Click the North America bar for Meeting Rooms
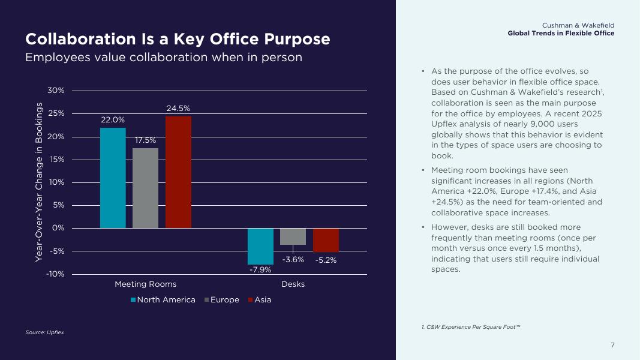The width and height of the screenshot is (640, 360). coord(113,178)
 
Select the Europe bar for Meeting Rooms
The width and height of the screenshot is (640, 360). coord(145,188)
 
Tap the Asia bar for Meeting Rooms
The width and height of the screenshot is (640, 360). coord(178,172)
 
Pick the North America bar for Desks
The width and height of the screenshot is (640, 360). coord(260,246)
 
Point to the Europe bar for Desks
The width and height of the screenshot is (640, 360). coord(293,236)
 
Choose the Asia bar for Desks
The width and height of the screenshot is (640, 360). coord(326,240)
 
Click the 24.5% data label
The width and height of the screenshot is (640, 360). coord(178,109)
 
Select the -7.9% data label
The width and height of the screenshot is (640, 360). coord(260,269)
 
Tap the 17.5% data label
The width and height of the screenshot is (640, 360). coord(145,140)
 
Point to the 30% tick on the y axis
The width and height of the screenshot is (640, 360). coord(56,91)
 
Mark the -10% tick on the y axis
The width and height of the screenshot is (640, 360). coord(55,274)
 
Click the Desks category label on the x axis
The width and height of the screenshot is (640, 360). coord(293,284)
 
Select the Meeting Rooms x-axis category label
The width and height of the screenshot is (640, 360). coord(145,284)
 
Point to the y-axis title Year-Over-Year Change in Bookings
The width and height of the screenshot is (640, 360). coord(39,182)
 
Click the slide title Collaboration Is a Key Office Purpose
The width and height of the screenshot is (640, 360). coord(178,39)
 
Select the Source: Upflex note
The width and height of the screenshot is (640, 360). coord(44,332)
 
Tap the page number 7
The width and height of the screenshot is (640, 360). coord(612,345)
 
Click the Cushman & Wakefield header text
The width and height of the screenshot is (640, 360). coord(578,25)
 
